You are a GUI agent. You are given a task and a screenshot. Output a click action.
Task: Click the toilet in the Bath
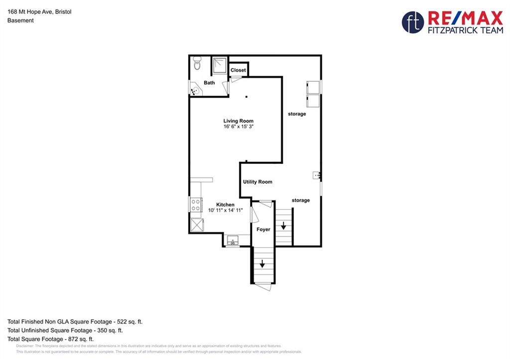coord(197,63)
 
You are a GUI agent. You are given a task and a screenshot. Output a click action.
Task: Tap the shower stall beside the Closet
coord(220,65)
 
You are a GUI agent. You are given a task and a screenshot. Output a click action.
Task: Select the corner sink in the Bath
coord(195,90)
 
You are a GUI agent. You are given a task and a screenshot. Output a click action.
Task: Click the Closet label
coord(238,70)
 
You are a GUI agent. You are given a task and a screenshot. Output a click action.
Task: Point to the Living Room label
coord(239,120)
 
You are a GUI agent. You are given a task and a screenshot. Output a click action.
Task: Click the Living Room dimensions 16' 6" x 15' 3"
coord(239,126)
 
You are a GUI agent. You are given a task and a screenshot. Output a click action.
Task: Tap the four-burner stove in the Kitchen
coord(196,205)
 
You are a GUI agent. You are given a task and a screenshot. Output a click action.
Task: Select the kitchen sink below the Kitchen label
coord(233,240)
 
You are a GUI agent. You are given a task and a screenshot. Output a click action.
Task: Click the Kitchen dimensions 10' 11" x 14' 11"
coord(226,210)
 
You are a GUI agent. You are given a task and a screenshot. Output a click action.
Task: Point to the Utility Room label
coord(257,182)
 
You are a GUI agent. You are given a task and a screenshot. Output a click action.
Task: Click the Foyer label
coord(263,229)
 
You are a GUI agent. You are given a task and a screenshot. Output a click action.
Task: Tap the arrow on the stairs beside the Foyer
coord(283,226)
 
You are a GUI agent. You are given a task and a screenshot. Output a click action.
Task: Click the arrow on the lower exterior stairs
coord(262,264)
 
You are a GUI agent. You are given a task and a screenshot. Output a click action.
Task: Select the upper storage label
coord(297,114)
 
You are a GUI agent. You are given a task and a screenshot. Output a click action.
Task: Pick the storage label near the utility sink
coord(301,200)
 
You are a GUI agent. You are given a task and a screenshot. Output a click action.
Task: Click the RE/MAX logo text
coord(466,18)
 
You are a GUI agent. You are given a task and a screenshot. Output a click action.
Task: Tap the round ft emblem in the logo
coord(413,22)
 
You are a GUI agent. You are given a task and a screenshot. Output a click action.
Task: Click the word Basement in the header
coord(20,20)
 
